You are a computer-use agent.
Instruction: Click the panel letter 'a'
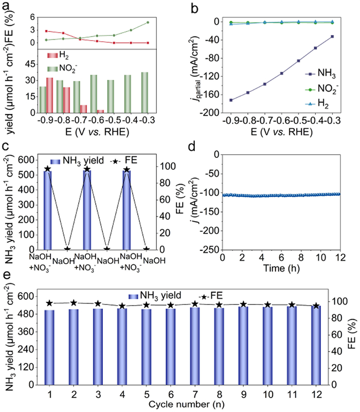tap(7, 6)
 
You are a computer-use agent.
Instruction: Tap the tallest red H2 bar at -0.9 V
tap(50, 95)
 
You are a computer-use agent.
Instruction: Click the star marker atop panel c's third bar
tap(127, 169)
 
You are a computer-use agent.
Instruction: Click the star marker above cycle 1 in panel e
tap(49, 303)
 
